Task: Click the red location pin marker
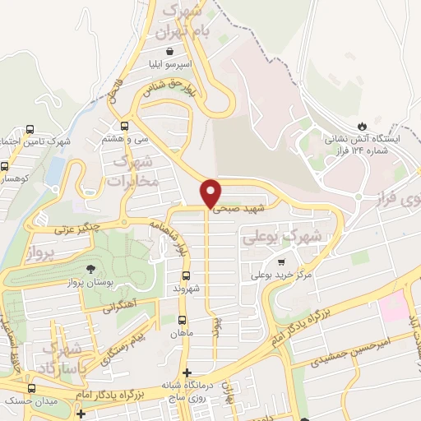211,192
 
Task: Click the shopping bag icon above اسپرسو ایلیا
169,50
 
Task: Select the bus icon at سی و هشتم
125,126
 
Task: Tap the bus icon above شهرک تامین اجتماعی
30,129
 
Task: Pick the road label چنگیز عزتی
76,227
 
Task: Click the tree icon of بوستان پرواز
90,269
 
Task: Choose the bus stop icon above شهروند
186,275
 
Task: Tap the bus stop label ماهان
182,332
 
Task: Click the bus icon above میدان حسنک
32,388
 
